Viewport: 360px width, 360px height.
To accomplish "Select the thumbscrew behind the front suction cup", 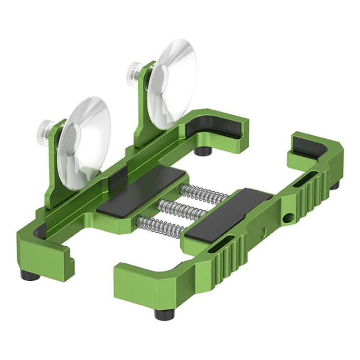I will (x=45, y=129).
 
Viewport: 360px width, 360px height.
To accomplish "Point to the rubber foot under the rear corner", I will (x=204, y=151).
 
